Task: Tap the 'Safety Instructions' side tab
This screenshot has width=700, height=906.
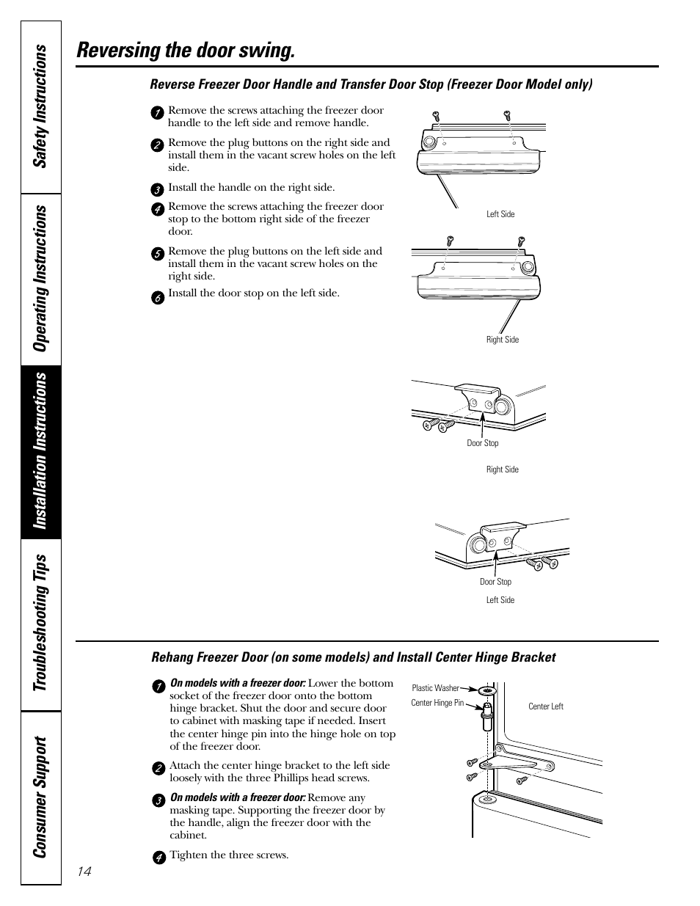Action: point(41,106)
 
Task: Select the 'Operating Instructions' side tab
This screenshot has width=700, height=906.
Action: point(41,279)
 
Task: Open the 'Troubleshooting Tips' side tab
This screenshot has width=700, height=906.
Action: point(41,622)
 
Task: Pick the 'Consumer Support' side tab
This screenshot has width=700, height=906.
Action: point(41,797)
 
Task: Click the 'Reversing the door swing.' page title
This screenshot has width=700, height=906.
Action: point(186,50)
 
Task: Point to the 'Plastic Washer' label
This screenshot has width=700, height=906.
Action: point(435,688)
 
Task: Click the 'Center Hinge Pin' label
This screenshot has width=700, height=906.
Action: point(437,703)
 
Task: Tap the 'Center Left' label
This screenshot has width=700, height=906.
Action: point(546,706)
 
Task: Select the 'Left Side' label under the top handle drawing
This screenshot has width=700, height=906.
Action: point(500,214)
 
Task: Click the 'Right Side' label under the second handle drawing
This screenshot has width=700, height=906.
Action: point(503,340)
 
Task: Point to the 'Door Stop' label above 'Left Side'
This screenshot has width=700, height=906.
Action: point(495,582)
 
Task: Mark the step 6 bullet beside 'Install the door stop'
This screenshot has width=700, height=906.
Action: point(157,297)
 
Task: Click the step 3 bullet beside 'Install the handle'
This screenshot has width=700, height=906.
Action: point(157,189)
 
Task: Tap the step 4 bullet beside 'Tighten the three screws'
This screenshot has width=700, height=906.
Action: point(158,858)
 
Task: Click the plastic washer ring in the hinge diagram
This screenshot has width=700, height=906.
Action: point(486,691)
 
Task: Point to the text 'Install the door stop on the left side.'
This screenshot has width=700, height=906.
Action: point(254,293)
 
